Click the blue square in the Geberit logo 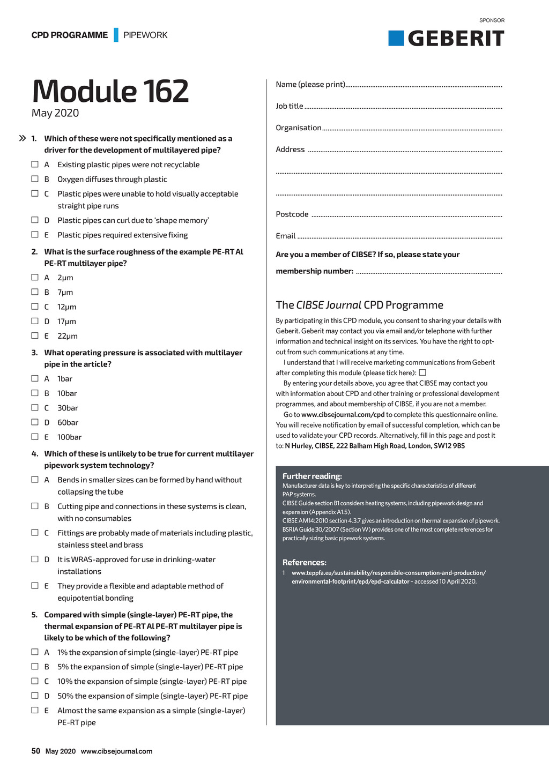396,39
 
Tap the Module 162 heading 110,91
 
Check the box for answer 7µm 35,292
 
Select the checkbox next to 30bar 35,408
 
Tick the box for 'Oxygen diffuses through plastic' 35,179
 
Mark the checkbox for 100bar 35,437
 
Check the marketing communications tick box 422,372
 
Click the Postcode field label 292,214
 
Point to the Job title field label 290,106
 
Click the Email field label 286,236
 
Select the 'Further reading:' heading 312,476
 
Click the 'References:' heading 305,562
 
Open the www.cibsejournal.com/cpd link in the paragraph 343,415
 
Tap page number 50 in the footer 36,751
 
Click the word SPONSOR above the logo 492,20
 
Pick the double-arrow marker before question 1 23,138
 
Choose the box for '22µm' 35,335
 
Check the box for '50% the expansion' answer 35,696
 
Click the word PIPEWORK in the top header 145,35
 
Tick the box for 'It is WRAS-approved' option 35,559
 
